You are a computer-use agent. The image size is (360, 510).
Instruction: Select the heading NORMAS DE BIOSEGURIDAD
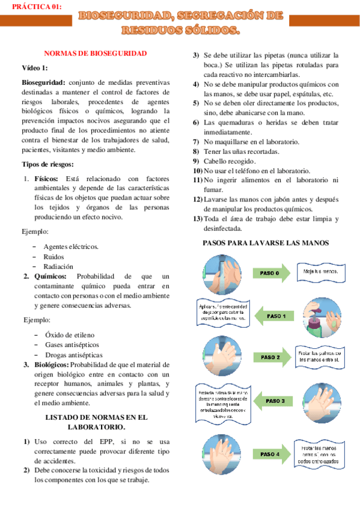pyautogui.click(x=96, y=53)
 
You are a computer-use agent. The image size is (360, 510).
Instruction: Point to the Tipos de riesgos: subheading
pyautogui.click(x=47, y=164)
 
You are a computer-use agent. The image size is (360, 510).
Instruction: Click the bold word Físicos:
pyautogui.click(x=46, y=179)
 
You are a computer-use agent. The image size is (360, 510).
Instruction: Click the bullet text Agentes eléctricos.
pyautogui.click(x=71, y=247)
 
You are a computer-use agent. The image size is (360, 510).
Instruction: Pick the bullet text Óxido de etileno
pyautogui.click(x=69, y=334)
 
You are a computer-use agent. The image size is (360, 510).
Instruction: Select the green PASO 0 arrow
pyautogui.click(x=270, y=273)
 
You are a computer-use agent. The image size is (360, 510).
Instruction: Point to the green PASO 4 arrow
pyautogui.click(x=270, y=453)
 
